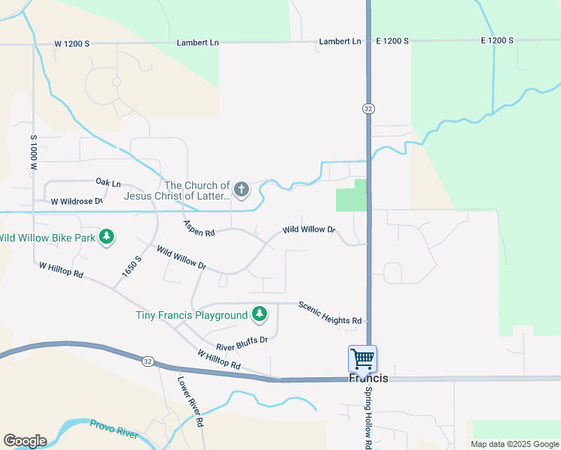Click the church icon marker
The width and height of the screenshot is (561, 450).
pyautogui.click(x=241, y=190)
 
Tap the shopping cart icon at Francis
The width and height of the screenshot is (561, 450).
pyautogui.click(x=362, y=358)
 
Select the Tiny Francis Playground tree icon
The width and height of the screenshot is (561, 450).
pyautogui.click(x=259, y=314)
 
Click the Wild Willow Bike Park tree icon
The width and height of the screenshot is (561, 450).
pyautogui.click(x=107, y=238)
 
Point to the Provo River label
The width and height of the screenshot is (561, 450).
pyautogui.click(x=115, y=429)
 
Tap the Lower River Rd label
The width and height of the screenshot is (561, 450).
pyautogui.click(x=190, y=400)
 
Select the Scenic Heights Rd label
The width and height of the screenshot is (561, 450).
pyautogui.click(x=330, y=313)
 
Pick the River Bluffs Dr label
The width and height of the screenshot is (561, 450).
pyautogui.click(x=241, y=343)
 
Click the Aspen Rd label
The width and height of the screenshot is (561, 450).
pyautogui.click(x=199, y=229)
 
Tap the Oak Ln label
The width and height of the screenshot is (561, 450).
pyautogui.click(x=108, y=182)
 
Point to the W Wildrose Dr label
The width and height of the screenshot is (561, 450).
pyautogui.click(x=76, y=201)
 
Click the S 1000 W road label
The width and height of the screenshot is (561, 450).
pyautogui.click(x=34, y=153)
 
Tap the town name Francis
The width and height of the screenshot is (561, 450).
pyautogui.click(x=369, y=379)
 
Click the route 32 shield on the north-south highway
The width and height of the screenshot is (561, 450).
pyautogui.click(x=367, y=109)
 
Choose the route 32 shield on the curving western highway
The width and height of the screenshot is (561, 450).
pyautogui.click(x=146, y=361)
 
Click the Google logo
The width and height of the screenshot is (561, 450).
pyautogui.click(x=25, y=441)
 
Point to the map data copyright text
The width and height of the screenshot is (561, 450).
pyautogui.click(x=514, y=444)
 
